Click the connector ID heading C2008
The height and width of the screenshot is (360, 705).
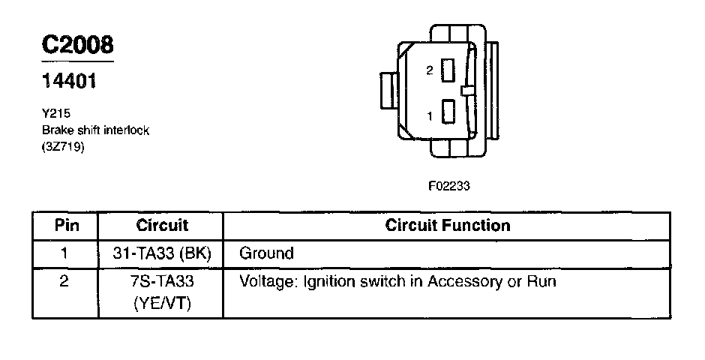(x=77, y=45)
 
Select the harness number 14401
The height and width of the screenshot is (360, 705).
(x=69, y=81)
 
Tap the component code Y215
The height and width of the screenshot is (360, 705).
(x=55, y=114)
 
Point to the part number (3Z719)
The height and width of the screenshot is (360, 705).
(x=63, y=147)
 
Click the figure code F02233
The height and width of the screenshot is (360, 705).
(x=448, y=187)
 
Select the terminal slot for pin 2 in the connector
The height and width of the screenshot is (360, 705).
(x=448, y=71)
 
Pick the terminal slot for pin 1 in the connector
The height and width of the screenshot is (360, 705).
(x=448, y=112)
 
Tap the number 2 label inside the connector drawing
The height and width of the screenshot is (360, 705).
(x=429, y=70)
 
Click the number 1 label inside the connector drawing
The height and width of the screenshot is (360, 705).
(x=429, y=116)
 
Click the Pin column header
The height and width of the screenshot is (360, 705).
(x=65, y=225)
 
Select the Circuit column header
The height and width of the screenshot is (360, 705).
(x=162, y=225)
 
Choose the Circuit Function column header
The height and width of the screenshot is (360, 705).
(x=447, y=225)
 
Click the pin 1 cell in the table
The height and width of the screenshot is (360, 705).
(x=65, y=253)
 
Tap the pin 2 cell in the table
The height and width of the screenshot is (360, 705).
(x=65, y=282)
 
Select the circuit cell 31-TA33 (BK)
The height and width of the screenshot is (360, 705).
(x=162, y=253)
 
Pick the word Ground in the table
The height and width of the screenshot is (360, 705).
(x=266, y=253)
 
